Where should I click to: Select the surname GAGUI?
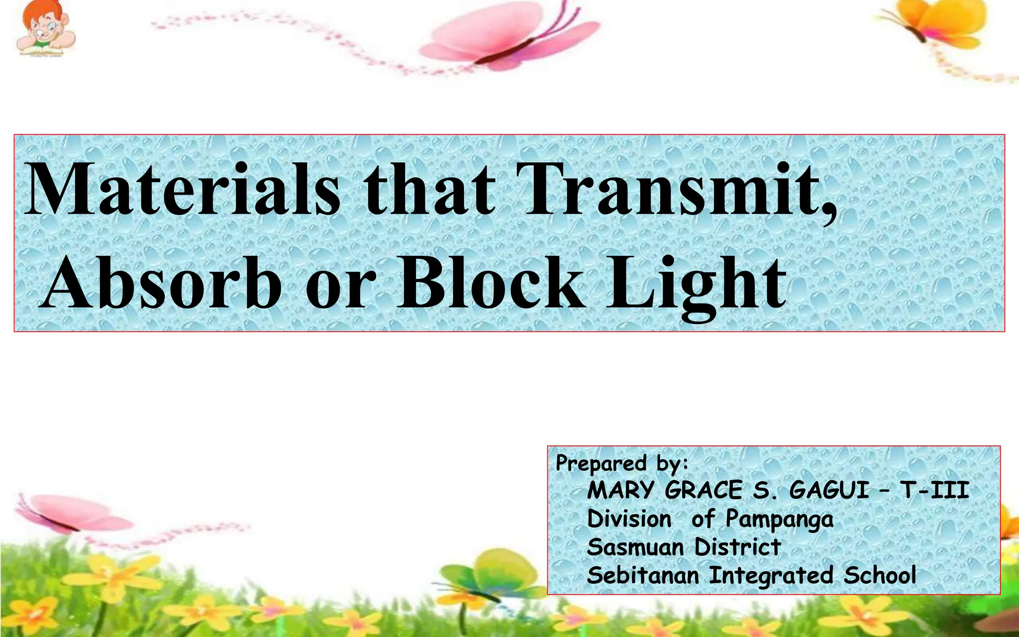829,490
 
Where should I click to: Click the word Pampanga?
779,520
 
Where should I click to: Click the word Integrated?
771,576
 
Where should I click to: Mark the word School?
880,576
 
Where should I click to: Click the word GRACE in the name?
703,490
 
